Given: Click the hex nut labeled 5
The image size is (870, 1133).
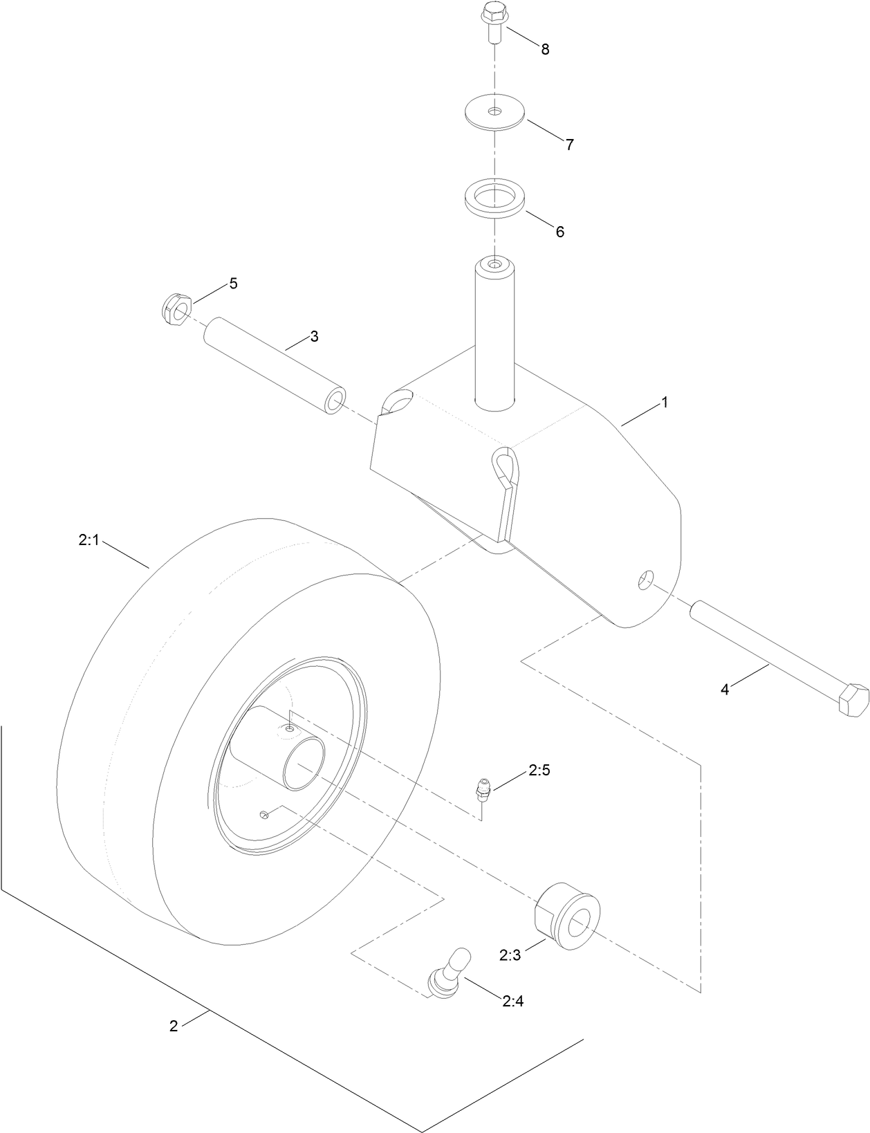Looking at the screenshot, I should coord(176,308).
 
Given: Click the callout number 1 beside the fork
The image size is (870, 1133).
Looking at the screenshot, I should coord(665,403).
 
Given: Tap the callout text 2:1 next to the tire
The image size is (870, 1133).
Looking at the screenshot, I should coord(89,540).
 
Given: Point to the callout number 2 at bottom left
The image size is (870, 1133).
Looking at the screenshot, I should coord(174,1026).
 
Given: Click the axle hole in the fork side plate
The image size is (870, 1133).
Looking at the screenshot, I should coord(645,580).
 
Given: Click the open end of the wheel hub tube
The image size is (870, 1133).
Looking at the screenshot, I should coord(304,762).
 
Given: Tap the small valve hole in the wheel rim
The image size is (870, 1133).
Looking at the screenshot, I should coord(264,815).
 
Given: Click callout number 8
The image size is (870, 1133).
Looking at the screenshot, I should coord(545,50).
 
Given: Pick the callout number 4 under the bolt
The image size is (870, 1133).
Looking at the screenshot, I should coord(725,689).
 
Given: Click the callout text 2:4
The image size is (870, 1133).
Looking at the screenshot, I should coord(513,1000).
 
